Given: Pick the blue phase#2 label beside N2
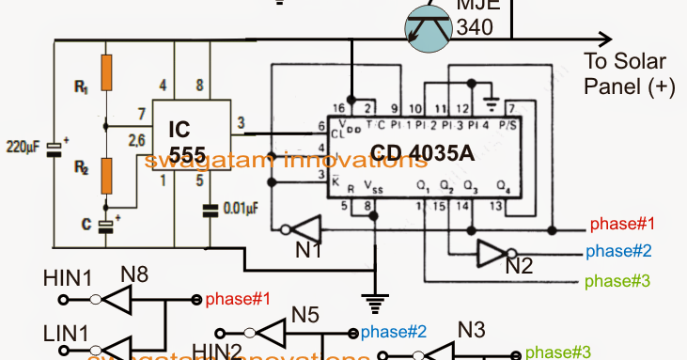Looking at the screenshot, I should click(x=617, y=252).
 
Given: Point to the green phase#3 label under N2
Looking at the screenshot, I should click(x=617, y=280).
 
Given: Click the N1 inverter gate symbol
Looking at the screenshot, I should click(x=301, y=229).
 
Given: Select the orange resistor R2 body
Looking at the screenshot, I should click(x=108, y=176).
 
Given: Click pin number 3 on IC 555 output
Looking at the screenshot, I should click(x=241, y=121).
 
